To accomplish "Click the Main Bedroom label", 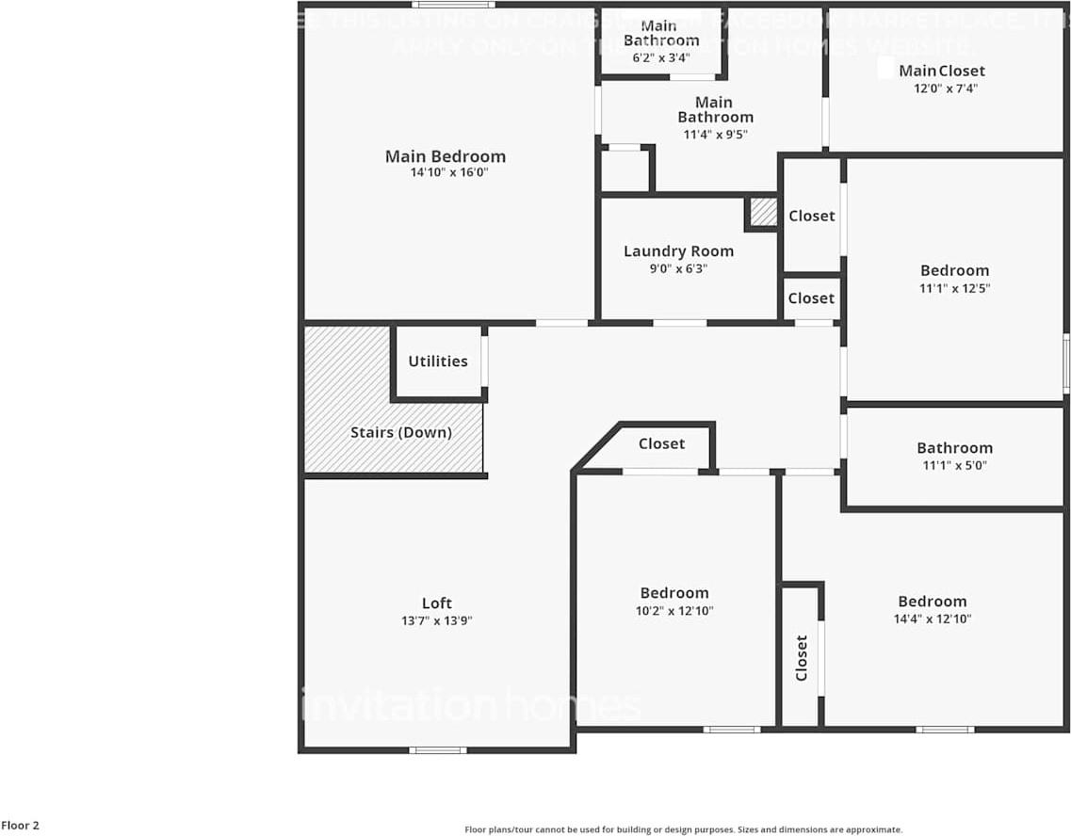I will point(445,156).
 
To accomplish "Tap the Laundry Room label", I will point(678,251).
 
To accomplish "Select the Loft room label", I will point(436,603).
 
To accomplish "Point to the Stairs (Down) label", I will point(401,433).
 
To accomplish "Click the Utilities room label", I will point(438,362).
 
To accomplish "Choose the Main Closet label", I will point(941,71).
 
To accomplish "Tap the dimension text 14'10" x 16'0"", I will point(445,173).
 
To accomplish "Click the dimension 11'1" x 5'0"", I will point(954,465).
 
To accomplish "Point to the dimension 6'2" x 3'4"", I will point(661,58).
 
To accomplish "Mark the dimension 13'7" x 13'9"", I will point(436,620).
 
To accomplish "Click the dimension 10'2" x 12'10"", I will point(674,610).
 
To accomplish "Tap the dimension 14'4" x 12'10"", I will point(933,619).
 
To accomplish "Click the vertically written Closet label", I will point(802,657).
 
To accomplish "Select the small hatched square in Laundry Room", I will point(763,212).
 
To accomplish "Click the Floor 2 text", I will point(20,826).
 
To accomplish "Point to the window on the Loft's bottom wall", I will point(437,750).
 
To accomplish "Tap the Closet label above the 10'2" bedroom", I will point(661,443).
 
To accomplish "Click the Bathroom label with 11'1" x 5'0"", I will point(954,448).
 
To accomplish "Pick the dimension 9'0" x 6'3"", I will point(678,268).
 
